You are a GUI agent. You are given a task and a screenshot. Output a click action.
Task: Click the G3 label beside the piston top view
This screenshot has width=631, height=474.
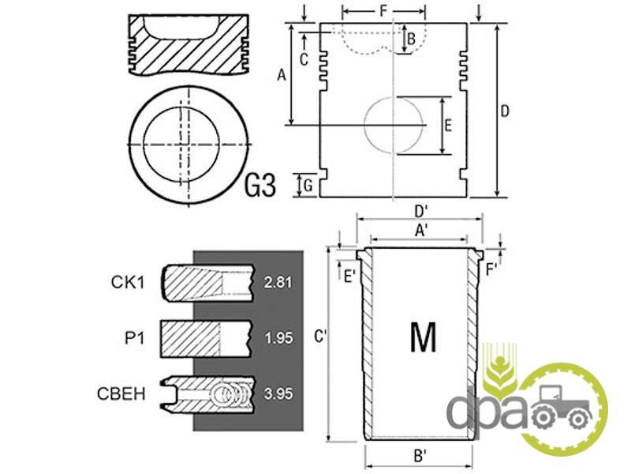(260, 186)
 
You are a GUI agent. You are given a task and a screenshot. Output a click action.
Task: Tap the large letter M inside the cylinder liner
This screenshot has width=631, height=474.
(423, 337)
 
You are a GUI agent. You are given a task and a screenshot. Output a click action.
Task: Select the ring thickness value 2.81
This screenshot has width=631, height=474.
(278, 282)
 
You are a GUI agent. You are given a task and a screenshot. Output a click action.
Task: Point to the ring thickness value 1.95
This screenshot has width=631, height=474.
(278, 338)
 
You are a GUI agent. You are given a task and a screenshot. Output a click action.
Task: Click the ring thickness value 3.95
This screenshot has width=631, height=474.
(278, 393)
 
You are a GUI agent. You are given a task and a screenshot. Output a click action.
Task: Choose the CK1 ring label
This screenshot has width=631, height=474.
(128, 282)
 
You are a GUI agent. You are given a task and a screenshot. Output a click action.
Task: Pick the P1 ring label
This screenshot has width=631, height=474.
(134, 338)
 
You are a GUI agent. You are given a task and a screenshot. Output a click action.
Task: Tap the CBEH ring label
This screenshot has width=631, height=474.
(121, 393)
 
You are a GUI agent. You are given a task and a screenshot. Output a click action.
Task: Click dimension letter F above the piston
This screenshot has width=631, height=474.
(383, 11)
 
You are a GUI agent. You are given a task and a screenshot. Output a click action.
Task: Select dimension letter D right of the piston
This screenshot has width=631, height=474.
(504, 111)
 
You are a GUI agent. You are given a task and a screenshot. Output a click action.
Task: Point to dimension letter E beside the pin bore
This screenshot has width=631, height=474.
(448, 126)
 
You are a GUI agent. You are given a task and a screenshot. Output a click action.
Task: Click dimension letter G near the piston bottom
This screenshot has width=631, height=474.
(308, 186)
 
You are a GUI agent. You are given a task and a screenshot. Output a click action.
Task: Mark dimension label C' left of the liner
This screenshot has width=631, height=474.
(320, 337)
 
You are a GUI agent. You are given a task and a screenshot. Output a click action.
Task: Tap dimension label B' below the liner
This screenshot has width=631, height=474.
(420, 457)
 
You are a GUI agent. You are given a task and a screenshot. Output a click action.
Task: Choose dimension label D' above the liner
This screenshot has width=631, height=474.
(421, 211)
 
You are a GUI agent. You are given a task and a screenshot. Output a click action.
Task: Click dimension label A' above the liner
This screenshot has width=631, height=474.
(421, 231)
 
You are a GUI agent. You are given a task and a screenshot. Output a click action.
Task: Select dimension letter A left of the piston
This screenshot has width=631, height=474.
(282, 74)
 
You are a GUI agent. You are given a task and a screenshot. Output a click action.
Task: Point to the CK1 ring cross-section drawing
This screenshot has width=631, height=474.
(208, 283)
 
